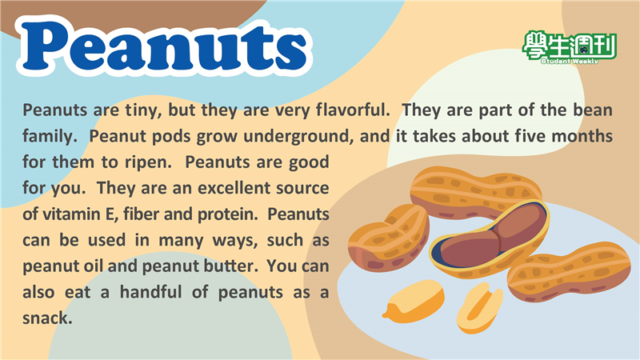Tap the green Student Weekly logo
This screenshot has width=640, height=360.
[570, 48]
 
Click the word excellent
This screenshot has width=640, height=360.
[234, 188]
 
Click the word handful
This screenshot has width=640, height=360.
[150, 292]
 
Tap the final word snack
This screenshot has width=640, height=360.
[47, 318]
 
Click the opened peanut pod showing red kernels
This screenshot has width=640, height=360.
[490, 238]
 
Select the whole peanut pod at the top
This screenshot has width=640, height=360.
[475, 192]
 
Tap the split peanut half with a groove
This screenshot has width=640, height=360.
[479, 307]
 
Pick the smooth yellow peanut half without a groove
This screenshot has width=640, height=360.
[414, 301]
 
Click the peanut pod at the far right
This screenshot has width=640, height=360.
[569, 271]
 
